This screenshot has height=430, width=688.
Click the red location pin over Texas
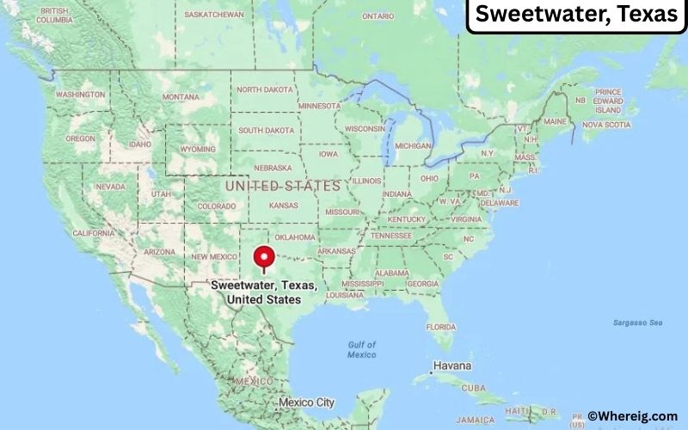click(264, 256)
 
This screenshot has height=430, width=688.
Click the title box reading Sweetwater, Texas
click(576, 15)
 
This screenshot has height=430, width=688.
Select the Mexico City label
click(306, 402)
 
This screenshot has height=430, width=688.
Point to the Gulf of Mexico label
click(362, 349)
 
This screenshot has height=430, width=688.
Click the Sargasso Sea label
click(638, 322)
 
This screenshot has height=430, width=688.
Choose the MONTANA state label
click(181, 96)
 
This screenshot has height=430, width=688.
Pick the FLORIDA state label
click(441, 327)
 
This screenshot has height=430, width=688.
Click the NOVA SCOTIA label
click(605, 125)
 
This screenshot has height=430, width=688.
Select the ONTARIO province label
click(378, 15)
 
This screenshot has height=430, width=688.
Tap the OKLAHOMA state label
click(296, 237)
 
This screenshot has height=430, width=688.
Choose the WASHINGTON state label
click(80, 94)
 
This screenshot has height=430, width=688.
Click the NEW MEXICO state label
click(213, 256)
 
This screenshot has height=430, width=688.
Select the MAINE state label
click(556, 121)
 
